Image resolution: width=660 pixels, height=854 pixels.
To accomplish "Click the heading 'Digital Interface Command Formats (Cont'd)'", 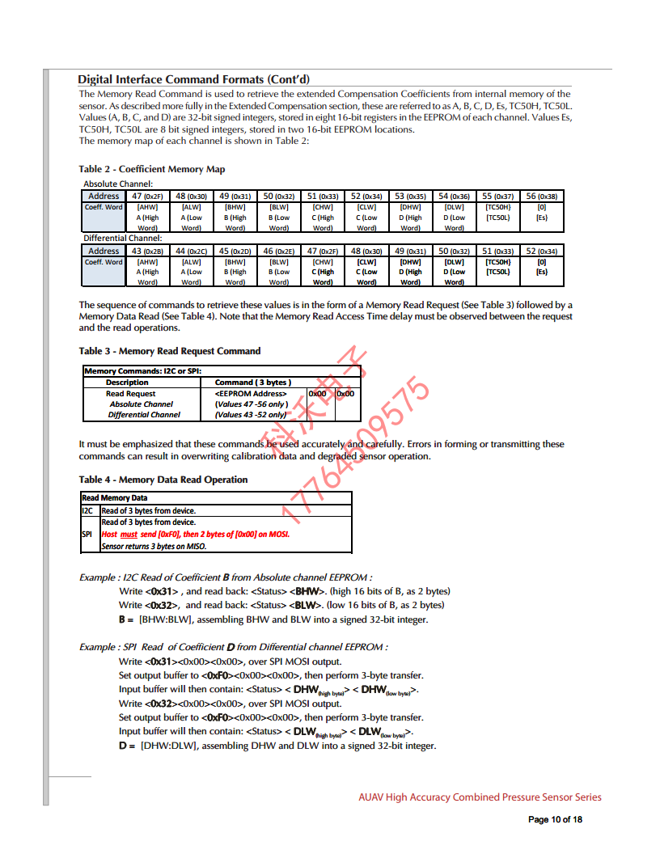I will pyautogui.click(x=193, y=79).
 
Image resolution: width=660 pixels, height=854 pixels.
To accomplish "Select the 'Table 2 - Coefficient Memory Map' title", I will pyautogui.click(x=152, y=169).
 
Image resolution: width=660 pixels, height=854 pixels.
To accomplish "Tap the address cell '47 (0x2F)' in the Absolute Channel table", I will pyautogui.click(x=147, y=196).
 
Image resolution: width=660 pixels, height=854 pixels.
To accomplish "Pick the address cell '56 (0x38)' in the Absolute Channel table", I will pyautogui.click(x=541, y=196).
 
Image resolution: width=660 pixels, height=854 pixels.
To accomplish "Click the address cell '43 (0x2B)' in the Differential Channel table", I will pyautogui.click(x=147, y=251).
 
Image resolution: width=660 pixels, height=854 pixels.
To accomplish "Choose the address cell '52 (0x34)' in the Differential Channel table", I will pyautogui.click(x=541, y=251).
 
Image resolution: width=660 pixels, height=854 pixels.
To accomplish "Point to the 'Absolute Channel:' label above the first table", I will pyautogui.click(x=118, y=184).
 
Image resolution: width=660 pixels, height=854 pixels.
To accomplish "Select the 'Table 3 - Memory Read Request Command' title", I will pyautogui.click(x=170, y=351).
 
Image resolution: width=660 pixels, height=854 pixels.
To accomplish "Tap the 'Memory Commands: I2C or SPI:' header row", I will pyautogui.click(x=142, y=371).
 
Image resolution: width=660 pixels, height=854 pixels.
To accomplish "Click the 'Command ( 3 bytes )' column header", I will pyautogui.click(x=253, y=382).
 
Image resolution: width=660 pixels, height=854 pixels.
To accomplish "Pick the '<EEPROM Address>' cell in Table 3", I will pyautogui.click(x=251, y=393).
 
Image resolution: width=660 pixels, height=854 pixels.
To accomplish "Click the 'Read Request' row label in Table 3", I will pyautogui.click(x=131, y=393).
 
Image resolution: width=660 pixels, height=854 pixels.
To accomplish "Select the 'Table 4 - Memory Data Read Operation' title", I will pyautogui.click(x=163, y=480).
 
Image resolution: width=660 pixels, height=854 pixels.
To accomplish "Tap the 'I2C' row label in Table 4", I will pyautogui.click(x=88, y=510).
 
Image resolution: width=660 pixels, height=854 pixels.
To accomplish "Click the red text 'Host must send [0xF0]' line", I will pyautogui.click(x=195, y=534).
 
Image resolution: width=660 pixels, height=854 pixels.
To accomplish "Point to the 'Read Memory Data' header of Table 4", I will pyautogui.click(x=115, y=498).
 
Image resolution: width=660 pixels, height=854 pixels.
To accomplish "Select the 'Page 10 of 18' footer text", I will pyautogui.click(x=555, y=819).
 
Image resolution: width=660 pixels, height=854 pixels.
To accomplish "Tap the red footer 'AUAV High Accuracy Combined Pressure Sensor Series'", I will pyautogui.click(x=480, y=797).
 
